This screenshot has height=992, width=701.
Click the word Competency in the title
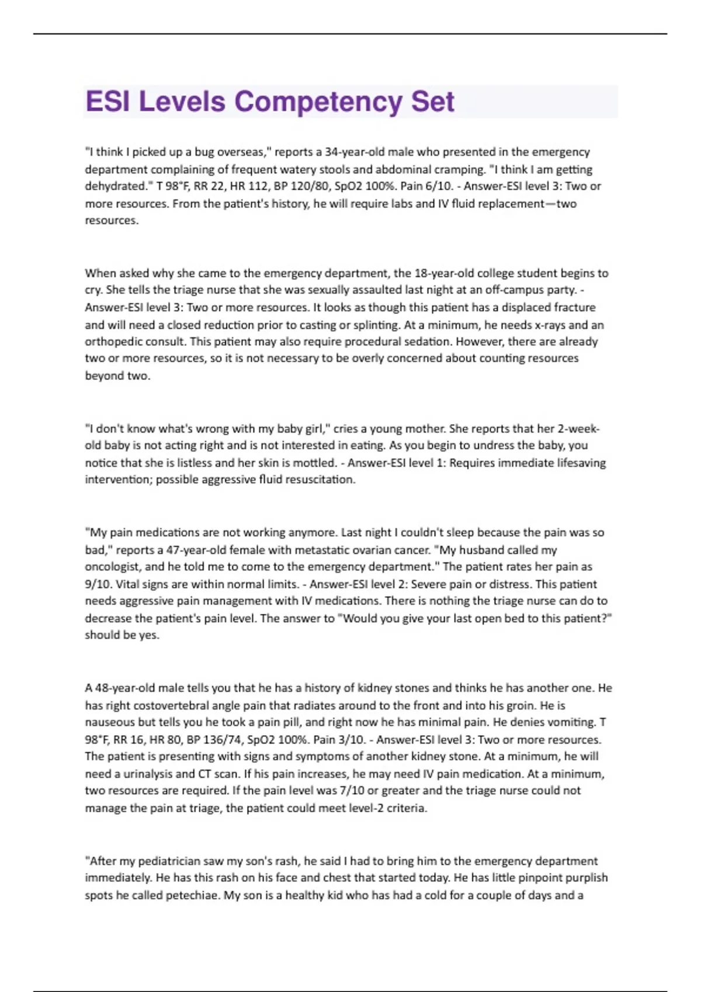click(318, 102)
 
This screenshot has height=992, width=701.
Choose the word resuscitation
click(321, 480)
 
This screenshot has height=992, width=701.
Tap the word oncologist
click(113, 567)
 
